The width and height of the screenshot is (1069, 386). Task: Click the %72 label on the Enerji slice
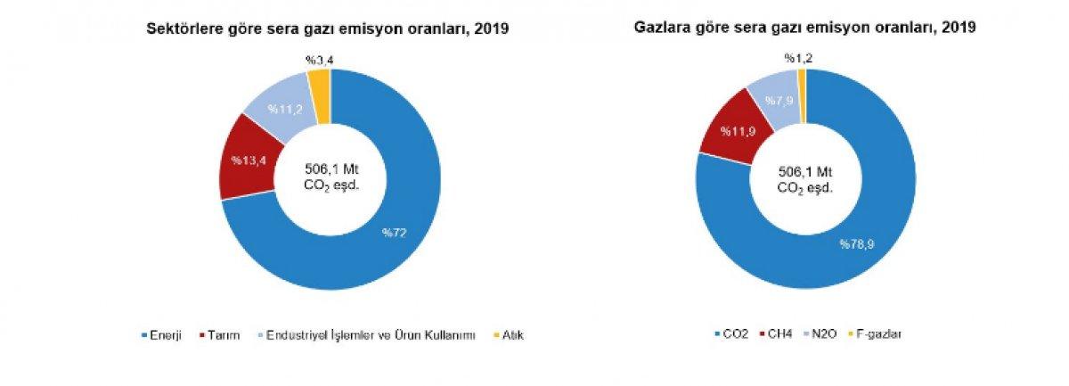coord(395,233)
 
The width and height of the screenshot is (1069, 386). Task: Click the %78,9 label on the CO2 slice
coord(858,243)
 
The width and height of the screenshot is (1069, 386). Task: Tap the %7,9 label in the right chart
coord(780,100)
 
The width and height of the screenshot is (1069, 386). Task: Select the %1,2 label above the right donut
coord(798,59)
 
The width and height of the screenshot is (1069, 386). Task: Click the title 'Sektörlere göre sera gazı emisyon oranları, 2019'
coord(328,29)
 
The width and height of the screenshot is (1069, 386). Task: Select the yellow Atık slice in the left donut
coord(320,85)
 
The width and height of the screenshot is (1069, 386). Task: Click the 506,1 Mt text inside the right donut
coord(804,171)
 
